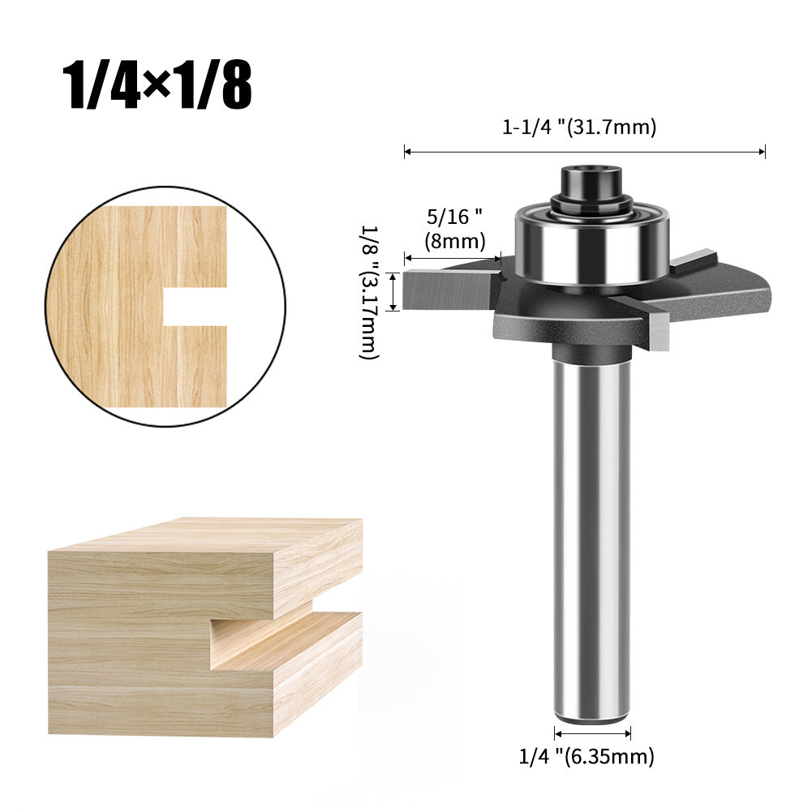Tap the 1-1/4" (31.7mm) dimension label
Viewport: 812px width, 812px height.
(578, 127)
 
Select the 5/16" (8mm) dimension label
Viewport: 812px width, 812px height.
(455, 229)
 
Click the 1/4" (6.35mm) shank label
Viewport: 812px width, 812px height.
(586, 757)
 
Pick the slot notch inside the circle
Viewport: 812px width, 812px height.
(194, 307)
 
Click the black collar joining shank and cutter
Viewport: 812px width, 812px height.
(591, 351)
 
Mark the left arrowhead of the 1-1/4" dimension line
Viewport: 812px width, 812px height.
(407, 151)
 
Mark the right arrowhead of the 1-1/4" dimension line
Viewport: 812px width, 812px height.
(762, 151)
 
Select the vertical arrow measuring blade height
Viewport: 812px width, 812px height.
(393, 291)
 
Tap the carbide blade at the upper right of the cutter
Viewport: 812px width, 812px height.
(698, 260)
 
